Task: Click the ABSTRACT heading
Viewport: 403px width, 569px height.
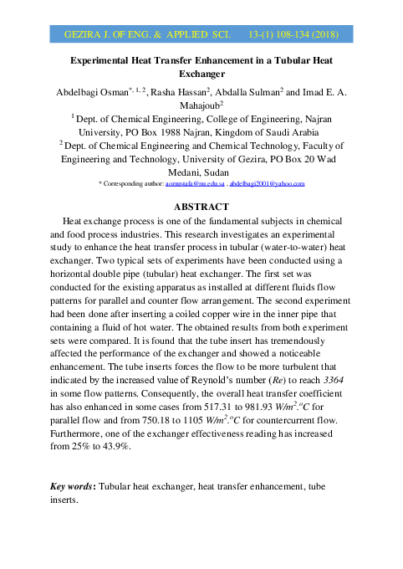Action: tap(201, 206)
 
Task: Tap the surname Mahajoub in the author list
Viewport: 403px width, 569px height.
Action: tap(201, 107)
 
